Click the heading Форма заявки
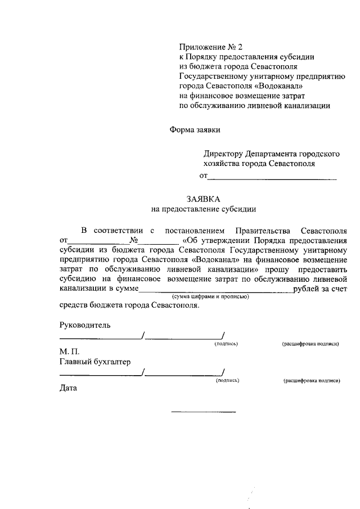pos(195,129)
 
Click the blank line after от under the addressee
pos(272,178)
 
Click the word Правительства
pos(263,231)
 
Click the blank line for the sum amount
pos(215,290)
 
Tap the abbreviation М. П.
pos(70,352)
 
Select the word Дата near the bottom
pos(69,388)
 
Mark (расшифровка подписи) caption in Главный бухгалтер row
pos(313,380)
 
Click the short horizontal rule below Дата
pos(204,413)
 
